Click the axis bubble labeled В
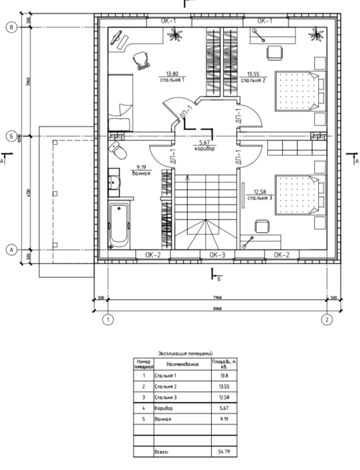tap(10, 26)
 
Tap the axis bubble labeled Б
tap(10, 136)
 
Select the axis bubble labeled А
tap(10, 250)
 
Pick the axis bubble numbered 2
tap(327, 319)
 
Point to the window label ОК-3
tap(217, 254)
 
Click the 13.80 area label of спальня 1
tap(171, 74)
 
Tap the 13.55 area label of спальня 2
tap(253, 74)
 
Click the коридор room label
tap(204, 148)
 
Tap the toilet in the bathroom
tap(119, 151)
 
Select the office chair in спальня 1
tap(140, 59)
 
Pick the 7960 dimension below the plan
tap(217, 297)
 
